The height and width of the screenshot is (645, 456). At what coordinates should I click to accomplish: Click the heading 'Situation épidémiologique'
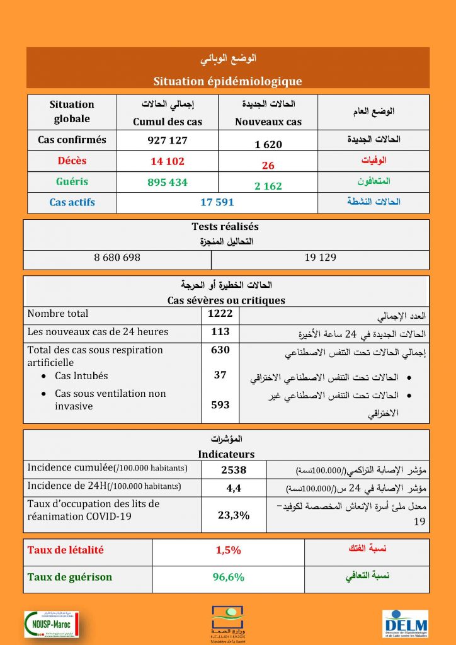point(227,81)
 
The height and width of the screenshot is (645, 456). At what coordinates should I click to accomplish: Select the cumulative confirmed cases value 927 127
point(168,140)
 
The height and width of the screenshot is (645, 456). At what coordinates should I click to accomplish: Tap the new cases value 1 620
point(268,144)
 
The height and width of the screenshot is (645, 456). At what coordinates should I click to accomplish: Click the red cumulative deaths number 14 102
point(168,161)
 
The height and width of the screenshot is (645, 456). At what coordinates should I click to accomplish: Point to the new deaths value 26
point(268,166)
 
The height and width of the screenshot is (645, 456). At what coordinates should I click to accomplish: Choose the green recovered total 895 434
point(168,182)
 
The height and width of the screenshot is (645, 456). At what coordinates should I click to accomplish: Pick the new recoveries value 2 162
point(268,186)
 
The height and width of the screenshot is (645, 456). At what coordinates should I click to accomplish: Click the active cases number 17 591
point(217,202)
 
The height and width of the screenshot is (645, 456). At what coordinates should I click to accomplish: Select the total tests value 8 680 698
point(117,258)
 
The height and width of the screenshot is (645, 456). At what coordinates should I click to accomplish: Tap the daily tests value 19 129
point(320,258)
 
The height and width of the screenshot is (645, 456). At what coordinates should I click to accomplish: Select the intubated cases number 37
point(220,375)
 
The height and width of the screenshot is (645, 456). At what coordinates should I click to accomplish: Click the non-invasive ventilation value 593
point(220,406)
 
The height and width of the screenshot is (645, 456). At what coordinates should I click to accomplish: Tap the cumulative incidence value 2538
point(234,469)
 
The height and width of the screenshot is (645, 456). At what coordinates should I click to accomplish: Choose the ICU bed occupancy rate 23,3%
point(234,515)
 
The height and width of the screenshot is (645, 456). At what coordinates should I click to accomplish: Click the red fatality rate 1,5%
point(228,550)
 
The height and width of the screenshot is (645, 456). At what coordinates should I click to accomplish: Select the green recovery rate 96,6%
point(228,577)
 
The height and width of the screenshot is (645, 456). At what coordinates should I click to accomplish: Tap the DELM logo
point(406,624)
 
